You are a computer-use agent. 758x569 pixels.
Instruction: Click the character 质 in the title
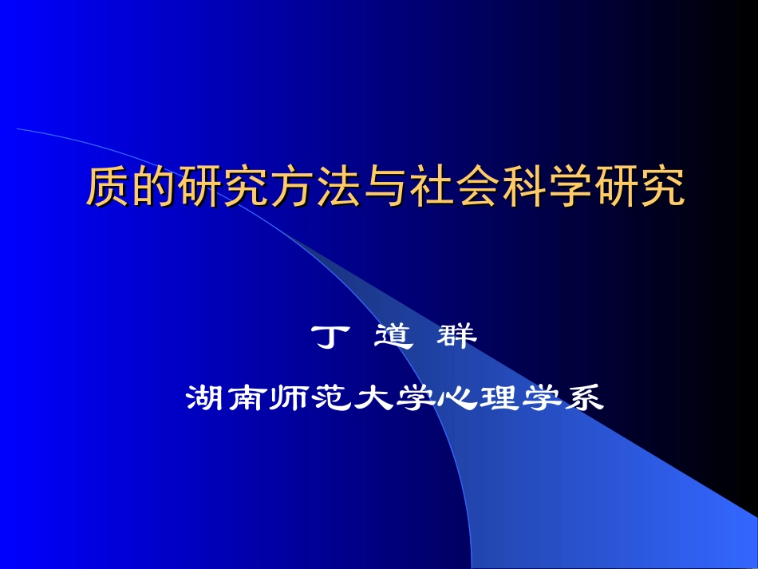coord(107,187)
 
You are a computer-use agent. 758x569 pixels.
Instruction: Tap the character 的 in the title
coord(149,187)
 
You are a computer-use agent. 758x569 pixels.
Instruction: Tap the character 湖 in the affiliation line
coord(206,397)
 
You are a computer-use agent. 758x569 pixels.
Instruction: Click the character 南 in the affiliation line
coord(247,397)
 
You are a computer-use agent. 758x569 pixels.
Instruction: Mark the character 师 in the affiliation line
coord(289,397)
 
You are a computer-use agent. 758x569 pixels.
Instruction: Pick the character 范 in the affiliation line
coord(330,397)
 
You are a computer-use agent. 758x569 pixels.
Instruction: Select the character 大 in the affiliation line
coord(372,397)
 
